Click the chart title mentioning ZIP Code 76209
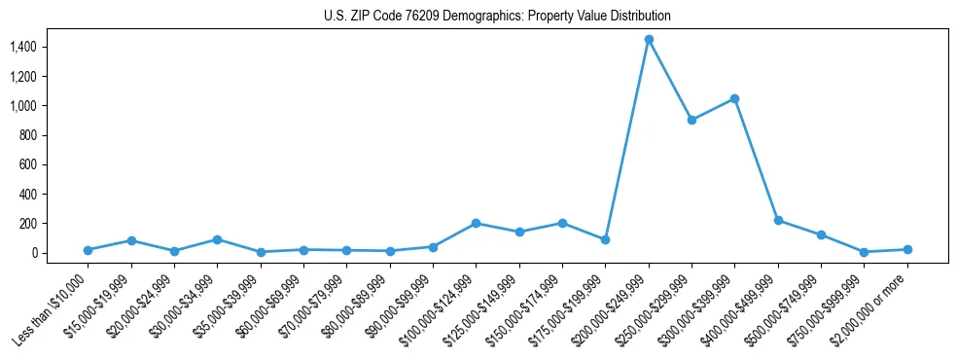497,17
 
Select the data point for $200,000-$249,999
649,40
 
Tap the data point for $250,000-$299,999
691,120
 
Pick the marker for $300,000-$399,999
734,98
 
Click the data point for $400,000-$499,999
778,220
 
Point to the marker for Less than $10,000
89,250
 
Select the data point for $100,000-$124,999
477,223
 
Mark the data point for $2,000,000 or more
907,249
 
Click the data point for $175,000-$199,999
605,239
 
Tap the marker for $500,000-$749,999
821,234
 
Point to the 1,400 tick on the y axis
23,47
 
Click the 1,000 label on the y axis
23,106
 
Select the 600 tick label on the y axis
28,164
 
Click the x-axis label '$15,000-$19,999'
97,306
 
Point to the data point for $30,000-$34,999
218,239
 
